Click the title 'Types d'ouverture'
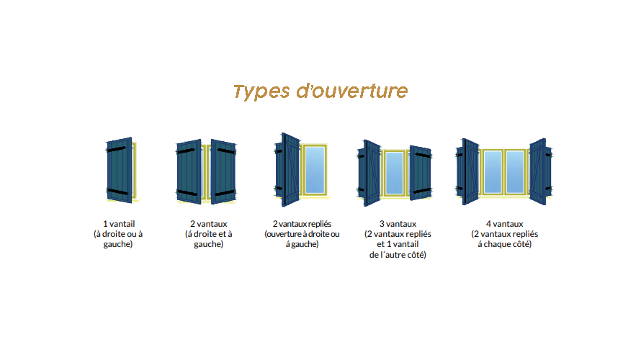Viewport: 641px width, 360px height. click(320, 91)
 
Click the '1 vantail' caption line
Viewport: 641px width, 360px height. click(119, 224)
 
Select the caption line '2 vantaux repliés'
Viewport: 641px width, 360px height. click(302, 224)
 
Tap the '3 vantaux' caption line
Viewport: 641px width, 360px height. click(398, 224)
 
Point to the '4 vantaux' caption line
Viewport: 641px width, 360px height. click(504, 224)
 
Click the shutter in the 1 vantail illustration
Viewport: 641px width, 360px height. click(120, 170)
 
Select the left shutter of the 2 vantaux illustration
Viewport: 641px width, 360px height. click(189, 171)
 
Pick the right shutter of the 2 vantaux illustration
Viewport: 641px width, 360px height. click(223, 171)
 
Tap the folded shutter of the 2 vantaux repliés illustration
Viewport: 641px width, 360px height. click(288, 170)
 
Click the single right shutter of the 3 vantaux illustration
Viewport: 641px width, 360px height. click(421, 173)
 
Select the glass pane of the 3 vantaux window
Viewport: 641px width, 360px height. click(395, 173)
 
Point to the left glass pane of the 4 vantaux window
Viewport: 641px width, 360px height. click(493, 171)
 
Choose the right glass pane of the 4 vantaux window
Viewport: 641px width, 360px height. click(515, 171)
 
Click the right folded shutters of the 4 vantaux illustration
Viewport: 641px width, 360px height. click(540, 171)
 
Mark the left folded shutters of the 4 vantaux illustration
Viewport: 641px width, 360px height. click(467, 171)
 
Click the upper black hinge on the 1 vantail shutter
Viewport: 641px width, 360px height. click(116, 149)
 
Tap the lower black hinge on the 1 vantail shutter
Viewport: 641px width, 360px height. click(117, 192)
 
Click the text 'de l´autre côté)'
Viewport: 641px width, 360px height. click(398, 255)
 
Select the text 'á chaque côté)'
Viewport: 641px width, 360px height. click(504, 244)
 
